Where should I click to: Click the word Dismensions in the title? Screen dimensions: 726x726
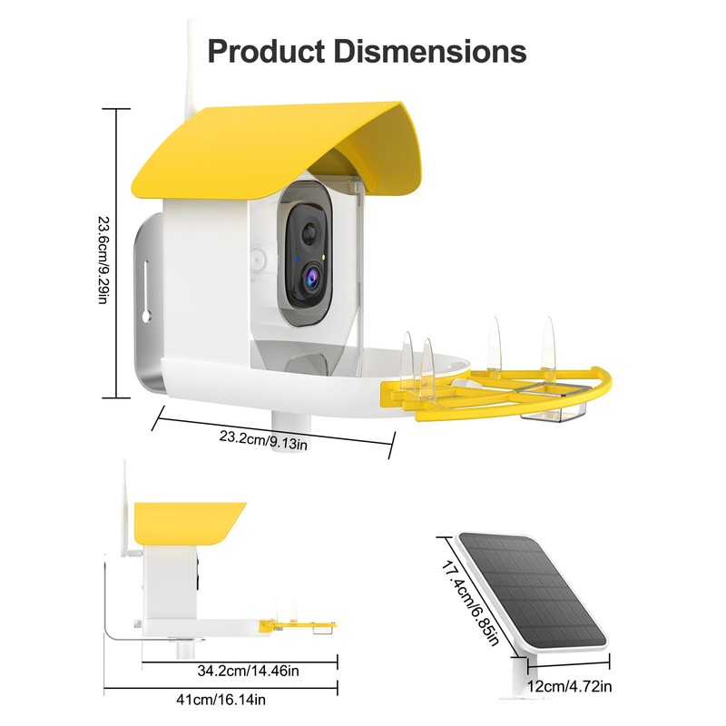point(431,51)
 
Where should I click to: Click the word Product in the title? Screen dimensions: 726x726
point(265,51)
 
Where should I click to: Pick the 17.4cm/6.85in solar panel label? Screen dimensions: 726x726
point(468,600)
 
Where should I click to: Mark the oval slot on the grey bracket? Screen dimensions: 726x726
point(143,286)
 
